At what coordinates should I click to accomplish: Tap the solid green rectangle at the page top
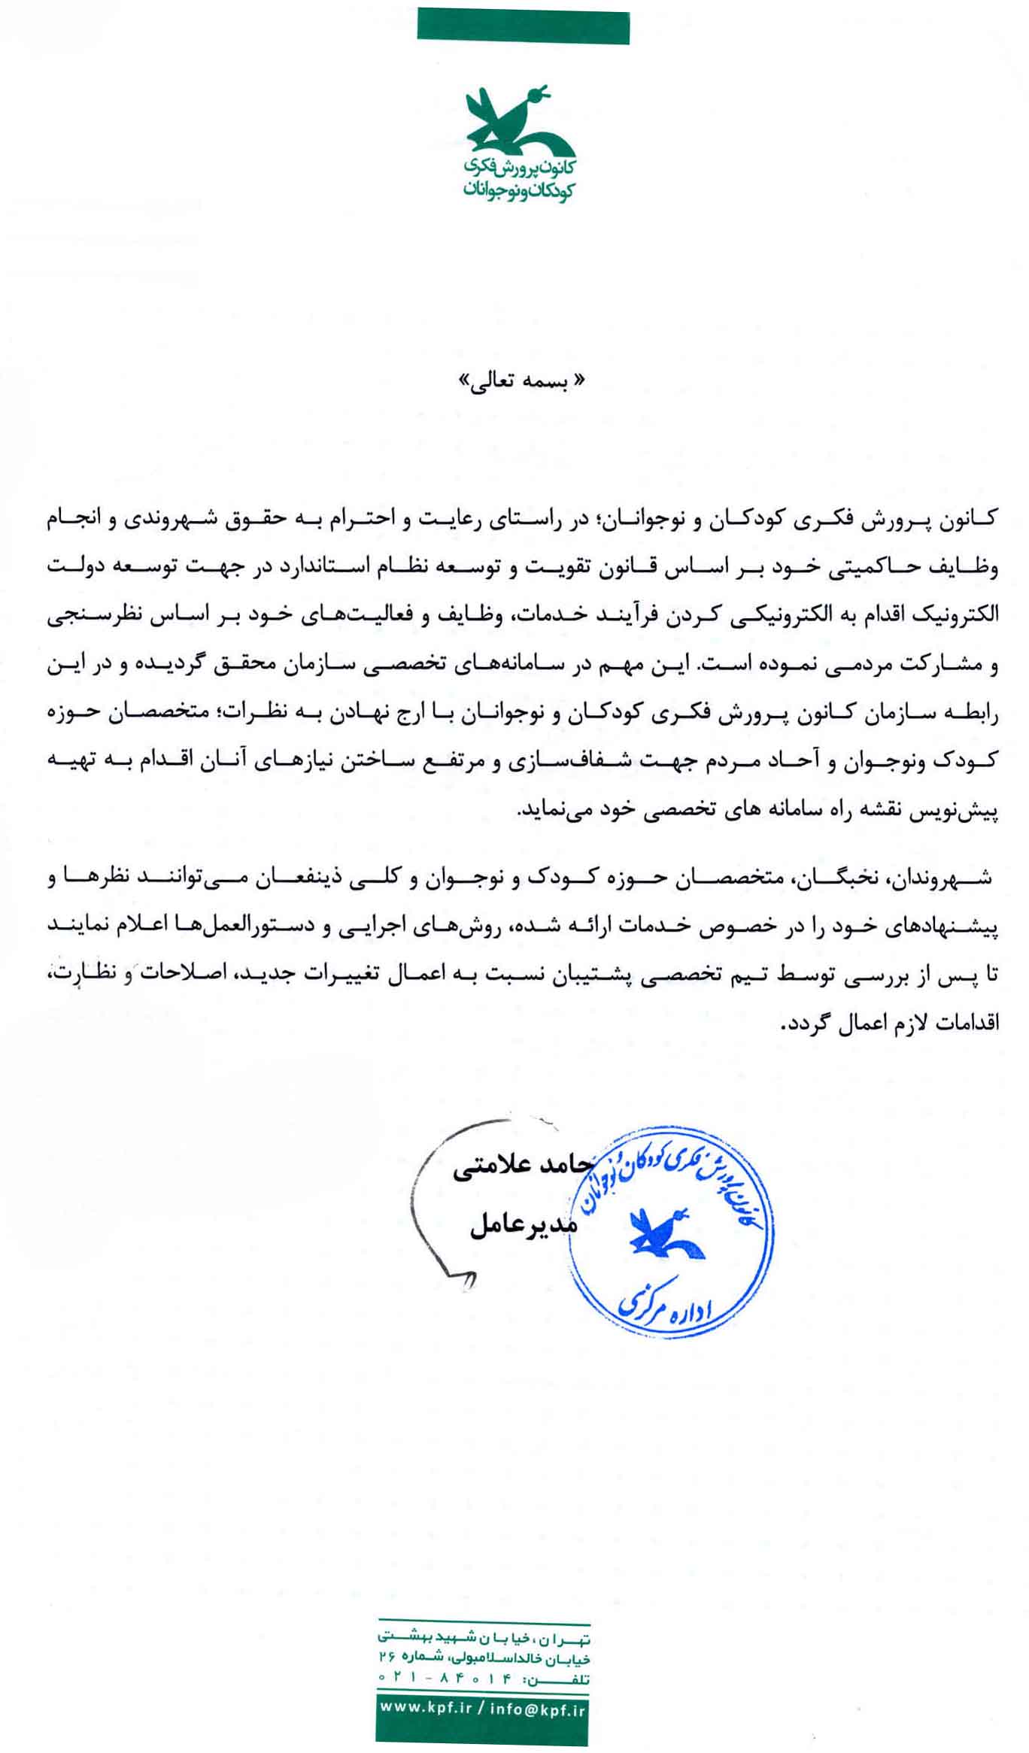(x=523, y=26)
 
